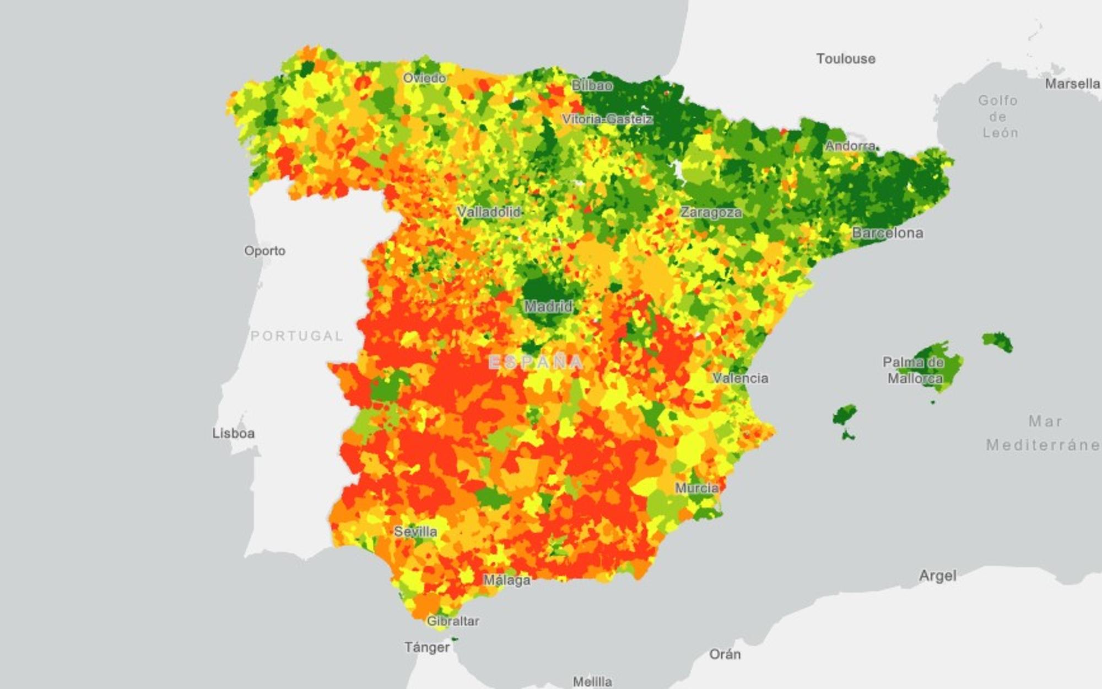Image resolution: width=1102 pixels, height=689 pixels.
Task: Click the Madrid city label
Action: tap(548, 306)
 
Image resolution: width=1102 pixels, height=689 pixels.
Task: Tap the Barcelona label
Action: tap(887, 233)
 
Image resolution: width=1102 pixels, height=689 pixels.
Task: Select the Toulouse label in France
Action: tap(845, 59)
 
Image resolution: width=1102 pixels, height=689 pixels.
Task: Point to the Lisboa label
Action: tap(234, 433)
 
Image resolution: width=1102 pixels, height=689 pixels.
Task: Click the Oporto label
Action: tap(264, 251)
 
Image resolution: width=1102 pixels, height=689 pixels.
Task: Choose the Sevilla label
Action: tap(415, 531)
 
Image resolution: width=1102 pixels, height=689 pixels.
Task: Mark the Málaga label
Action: tap(507, 580)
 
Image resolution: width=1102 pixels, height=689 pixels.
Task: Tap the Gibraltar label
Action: tap(453, 621)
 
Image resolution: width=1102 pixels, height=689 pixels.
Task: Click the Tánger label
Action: tap(427, 647)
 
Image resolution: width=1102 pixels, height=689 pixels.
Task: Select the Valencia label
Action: tap(740, 378)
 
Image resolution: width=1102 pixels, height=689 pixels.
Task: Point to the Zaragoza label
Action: tap(711, 212)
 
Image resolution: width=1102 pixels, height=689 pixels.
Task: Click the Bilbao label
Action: tap(592, 85)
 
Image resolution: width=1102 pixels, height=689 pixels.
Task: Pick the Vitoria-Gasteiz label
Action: tap(607, 119)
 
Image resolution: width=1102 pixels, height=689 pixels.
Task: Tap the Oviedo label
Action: tap(424, 78)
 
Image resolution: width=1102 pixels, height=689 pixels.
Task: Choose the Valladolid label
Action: tap(489, 212)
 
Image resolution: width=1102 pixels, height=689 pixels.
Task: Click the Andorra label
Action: tap(850, 146)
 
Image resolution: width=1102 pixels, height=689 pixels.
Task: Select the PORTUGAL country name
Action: tap(297, 336)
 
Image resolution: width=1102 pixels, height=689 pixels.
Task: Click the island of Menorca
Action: tap(997, 341)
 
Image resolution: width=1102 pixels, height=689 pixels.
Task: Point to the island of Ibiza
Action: tap(844, 416)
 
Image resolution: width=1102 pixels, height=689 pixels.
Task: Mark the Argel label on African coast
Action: tap(937, 576)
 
